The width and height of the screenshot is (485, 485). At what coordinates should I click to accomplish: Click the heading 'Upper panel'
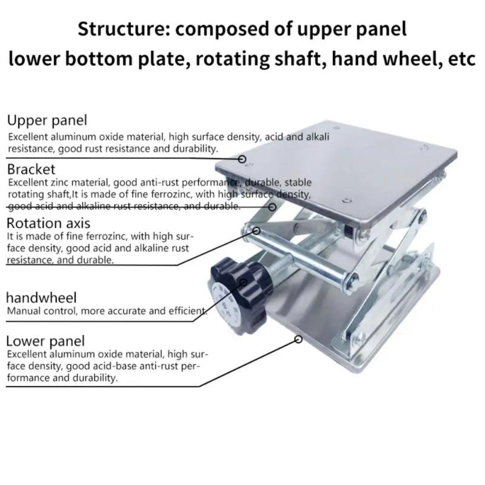tap(47, 120)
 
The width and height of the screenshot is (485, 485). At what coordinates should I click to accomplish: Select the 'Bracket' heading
tap(31, 169)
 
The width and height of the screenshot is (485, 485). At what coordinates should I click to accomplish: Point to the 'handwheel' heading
tap(41, 298)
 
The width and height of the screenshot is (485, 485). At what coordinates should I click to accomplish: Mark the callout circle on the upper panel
tap(242, 159)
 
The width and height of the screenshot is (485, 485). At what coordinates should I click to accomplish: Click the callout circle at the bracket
tap(273, 207)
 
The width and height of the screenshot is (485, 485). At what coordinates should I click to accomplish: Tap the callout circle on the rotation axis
tap(256, 230)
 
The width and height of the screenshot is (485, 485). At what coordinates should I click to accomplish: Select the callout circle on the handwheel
tap(244, 282)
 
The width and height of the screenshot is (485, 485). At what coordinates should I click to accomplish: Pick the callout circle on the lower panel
tap(298, 340)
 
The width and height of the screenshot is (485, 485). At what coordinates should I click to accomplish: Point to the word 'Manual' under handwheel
tap(23, 312)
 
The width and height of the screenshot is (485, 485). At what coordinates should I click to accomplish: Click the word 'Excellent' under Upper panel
tap(28, 137)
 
